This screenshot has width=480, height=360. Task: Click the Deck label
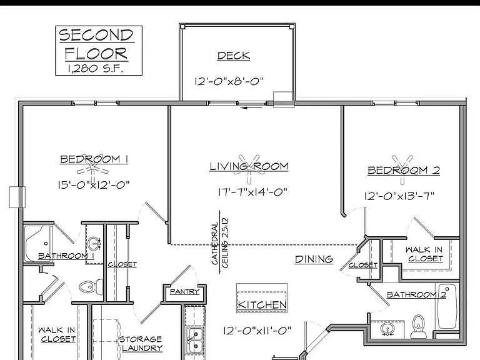pos(234,56)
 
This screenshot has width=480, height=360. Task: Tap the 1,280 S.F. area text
pos(95,69)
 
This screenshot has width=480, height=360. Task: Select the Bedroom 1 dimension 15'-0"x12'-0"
pos(94,185)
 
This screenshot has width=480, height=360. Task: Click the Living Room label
pos(249,166)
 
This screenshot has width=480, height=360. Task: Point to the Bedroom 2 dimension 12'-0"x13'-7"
pos(399,196)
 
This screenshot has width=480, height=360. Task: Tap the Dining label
pos(314,259)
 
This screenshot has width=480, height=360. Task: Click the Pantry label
pos(184,291)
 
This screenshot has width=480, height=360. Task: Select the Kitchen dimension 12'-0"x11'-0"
pos(257,331)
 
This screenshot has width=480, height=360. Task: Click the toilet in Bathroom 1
pos(91,286)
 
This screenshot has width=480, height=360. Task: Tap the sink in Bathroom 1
pos(93,244)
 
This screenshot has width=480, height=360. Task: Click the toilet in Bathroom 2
pos(419,326)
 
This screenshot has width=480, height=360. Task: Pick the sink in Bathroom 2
pos(387,330)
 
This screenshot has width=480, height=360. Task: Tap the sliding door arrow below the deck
pos(251,107)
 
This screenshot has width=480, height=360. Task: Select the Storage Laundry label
pos(141,344)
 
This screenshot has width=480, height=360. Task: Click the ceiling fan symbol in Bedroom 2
pos(402,170)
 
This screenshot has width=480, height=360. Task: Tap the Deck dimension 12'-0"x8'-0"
pos(229,81)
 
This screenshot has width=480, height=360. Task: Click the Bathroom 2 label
pos(416,294)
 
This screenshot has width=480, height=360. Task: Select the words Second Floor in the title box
pos(96,44)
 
